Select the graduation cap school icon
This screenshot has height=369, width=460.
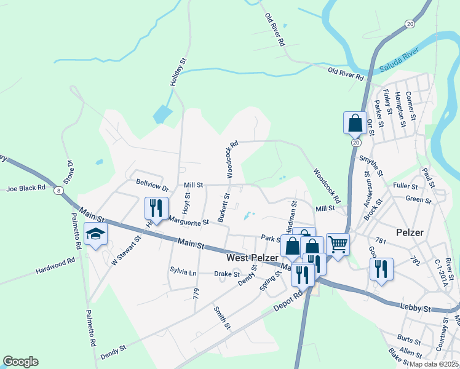pyautogui.click(x=95, y=234)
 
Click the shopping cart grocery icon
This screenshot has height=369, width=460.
pyautogui.click(x=338, y=244)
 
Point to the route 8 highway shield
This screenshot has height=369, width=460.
pyautogui.click(x=58, y=191)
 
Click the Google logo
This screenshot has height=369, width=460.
pyautogui.click(x=20, y=362)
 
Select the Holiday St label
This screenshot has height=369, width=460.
pyautogui.click(x=178, y=73)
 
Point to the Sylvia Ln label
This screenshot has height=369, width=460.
pyautogui.click(x=184, y=271)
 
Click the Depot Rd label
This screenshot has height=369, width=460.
pyautogui.click(x=291, y=297)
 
